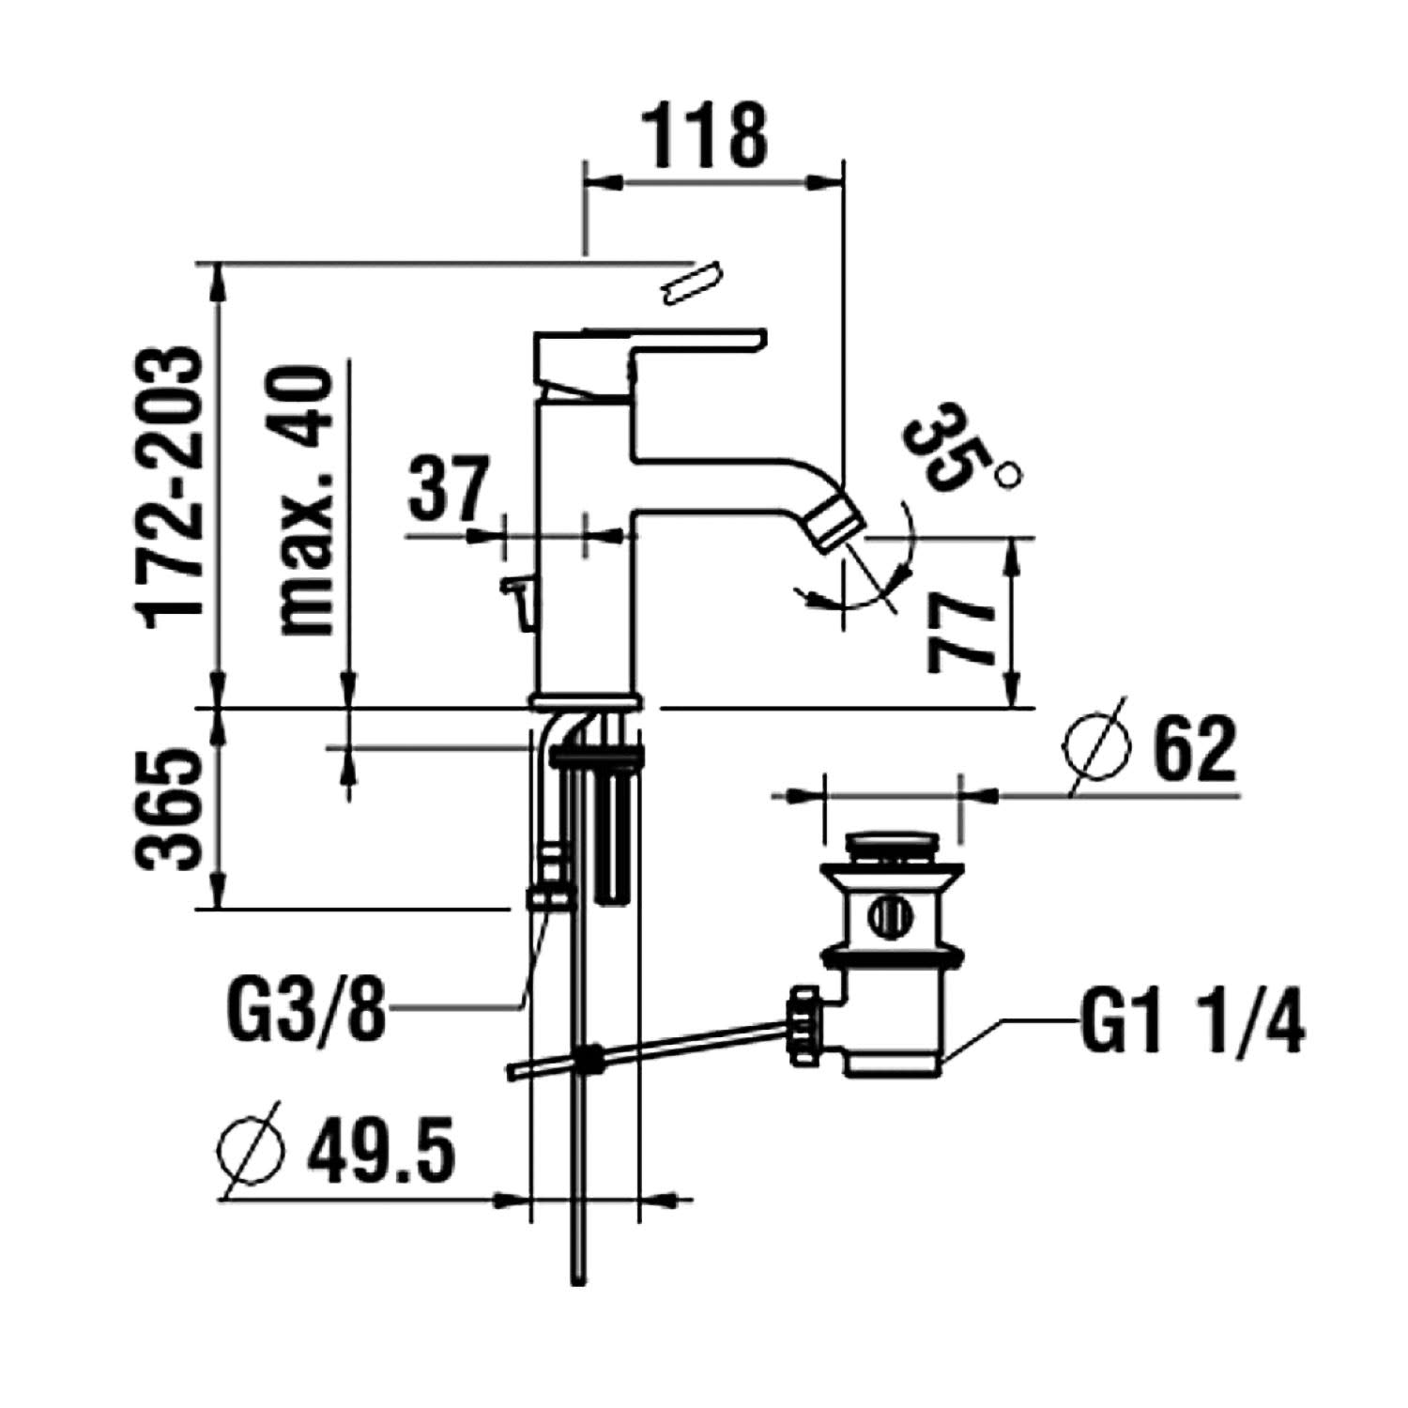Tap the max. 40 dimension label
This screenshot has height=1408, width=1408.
click(306, 500)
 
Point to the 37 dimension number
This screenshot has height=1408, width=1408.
click(450, 489)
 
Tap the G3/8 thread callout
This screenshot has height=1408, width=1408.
click(307, 1007)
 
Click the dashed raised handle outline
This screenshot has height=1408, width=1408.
click(691, 281)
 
